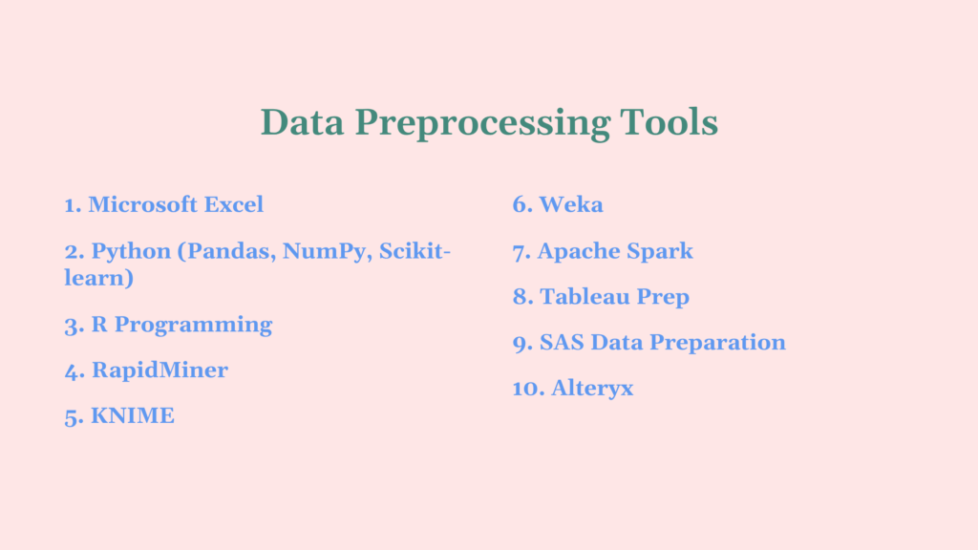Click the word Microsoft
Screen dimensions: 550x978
click(x=143, y=204)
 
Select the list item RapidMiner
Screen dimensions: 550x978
click(x=159, y=370)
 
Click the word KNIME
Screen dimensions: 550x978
click(x=133, y=415)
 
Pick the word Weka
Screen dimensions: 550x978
click(x=571, y=204)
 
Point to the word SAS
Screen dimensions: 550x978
click(x=561, y=342)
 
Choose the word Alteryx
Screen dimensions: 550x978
click(x=592, y=389)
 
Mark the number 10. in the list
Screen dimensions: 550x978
click(x=528, y=389)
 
